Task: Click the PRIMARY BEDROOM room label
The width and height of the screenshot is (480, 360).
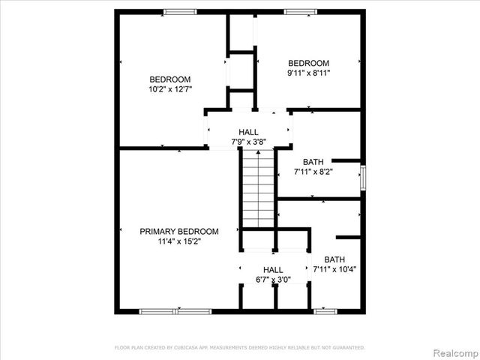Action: [x=179, y=232]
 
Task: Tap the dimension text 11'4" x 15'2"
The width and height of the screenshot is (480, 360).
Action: [x=179, y=241]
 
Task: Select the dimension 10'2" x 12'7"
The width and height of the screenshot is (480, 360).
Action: [x=169, y=90]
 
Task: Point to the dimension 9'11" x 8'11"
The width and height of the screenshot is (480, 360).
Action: [x=308, y=73]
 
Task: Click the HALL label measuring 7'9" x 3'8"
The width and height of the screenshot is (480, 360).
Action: [x=249, y=132]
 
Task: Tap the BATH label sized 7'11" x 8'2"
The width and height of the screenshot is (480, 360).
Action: [x=313, y=162]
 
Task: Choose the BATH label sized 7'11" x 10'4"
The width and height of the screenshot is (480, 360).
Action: [x=334, y=259]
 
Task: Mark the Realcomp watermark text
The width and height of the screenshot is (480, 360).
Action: [x=452, y=352]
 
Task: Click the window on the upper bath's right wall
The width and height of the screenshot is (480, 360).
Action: [x=363, y=178]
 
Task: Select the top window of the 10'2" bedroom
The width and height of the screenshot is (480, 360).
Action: [x=180, y=11]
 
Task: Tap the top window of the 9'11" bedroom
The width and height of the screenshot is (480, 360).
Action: [x=300, y=11]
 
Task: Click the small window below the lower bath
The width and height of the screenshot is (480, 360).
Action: [x=325, y=310]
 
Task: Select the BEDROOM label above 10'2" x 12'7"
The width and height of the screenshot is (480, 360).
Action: [x=169, y=79]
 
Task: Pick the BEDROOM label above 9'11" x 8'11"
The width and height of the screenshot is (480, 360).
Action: [x=308, y=63]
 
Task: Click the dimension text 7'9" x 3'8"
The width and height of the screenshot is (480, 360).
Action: [x=249, y=142]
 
